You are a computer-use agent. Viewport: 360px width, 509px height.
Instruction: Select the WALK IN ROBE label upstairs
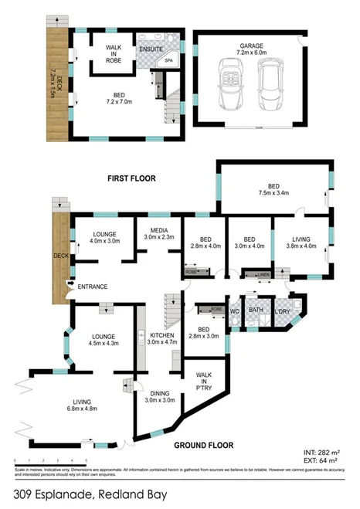[x=114, y=52]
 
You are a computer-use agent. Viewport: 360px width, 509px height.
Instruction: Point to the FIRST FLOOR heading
[x=131, y=178]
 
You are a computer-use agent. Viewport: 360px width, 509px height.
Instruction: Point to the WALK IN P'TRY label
[x=205, y=380]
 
